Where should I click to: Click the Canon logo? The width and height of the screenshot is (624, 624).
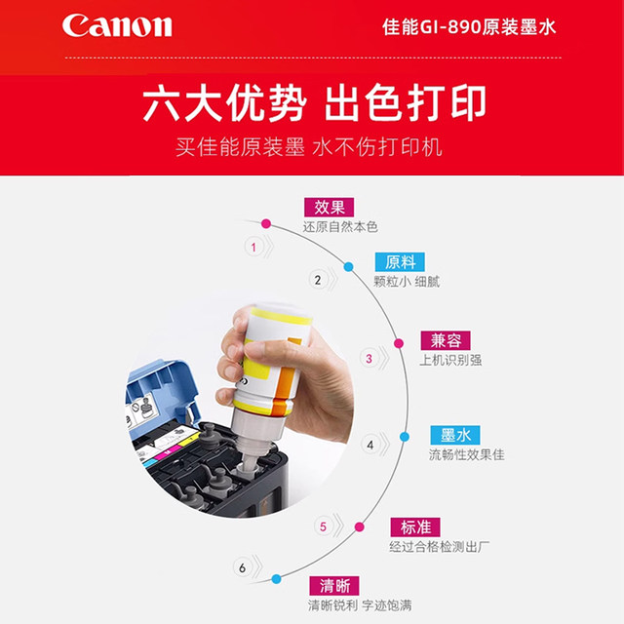tap(117, 25)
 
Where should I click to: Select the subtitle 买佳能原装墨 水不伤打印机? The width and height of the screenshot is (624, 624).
tap(309, 147)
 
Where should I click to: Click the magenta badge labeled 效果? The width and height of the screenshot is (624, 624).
tap(328, 207)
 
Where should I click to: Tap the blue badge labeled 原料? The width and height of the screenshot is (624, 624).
tap(400, 262)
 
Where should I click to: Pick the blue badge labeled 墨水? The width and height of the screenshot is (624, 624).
tap(455, 435)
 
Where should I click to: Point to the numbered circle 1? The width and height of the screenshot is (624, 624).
tap(254, 248)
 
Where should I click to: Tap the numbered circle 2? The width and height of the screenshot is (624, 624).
tap(317, 279)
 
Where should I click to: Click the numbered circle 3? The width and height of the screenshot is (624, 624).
tap(369, 358)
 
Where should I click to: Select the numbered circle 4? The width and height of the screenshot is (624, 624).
tap(370, 445)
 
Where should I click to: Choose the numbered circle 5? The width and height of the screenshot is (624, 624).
tap(324, 527)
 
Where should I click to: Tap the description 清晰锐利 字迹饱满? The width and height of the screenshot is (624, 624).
tap(359, 605)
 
